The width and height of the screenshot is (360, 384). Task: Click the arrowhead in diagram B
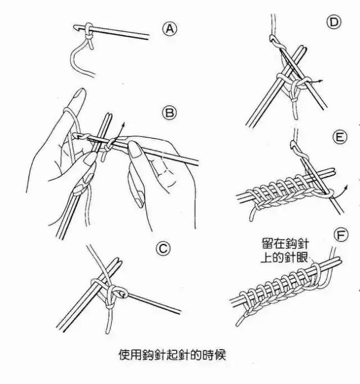123,122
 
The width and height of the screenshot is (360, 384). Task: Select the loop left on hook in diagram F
320,272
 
